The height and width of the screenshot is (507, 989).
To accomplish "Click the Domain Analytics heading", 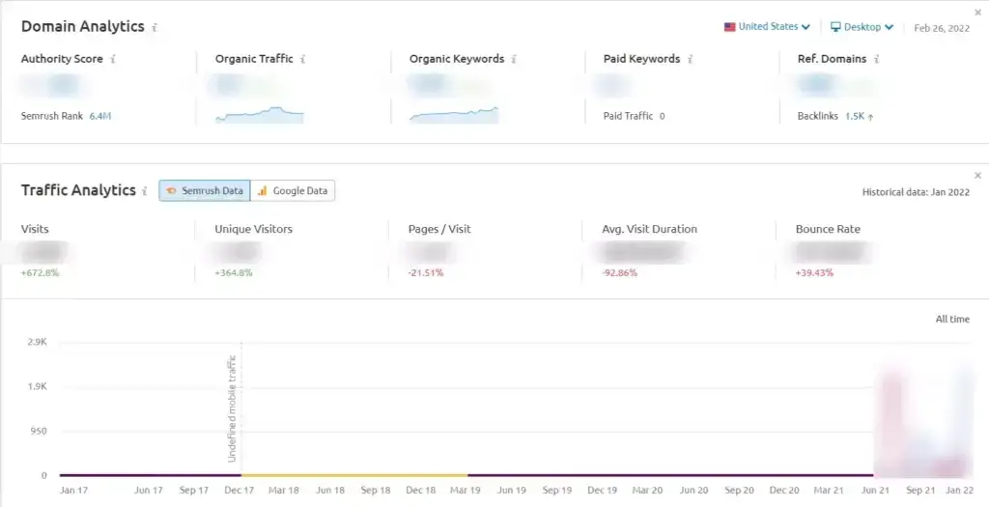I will [82, 27].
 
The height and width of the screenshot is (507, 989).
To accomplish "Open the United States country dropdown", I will [767, 27].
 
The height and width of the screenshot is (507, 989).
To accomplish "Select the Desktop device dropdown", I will [862, 27].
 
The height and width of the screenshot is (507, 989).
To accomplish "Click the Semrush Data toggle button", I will [205, 191].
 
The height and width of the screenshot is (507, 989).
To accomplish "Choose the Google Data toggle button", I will [293, 191].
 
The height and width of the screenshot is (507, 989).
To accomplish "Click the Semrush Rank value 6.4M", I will [100, 116].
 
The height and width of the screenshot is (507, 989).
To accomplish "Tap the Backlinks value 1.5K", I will [855, 116].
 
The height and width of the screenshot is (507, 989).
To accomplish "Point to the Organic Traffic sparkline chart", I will [259, 115].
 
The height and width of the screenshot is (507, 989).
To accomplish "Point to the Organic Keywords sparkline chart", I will [453, 115].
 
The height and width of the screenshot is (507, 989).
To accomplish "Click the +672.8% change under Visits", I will [40, 273].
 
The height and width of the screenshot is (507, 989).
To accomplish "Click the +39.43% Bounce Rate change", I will [814, 273].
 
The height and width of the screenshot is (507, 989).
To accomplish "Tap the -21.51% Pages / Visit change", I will [426, 273].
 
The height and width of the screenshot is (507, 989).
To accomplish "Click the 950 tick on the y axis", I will [39, 432].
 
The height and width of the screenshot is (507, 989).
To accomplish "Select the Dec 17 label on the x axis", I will [239, 491].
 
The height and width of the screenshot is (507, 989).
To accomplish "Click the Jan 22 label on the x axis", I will [960, 491].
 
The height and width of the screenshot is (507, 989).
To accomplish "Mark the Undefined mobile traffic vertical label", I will [233, 408].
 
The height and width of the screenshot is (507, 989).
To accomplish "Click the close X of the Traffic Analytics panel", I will [977, 175].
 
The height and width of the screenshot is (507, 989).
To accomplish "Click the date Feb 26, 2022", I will [942, 28].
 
